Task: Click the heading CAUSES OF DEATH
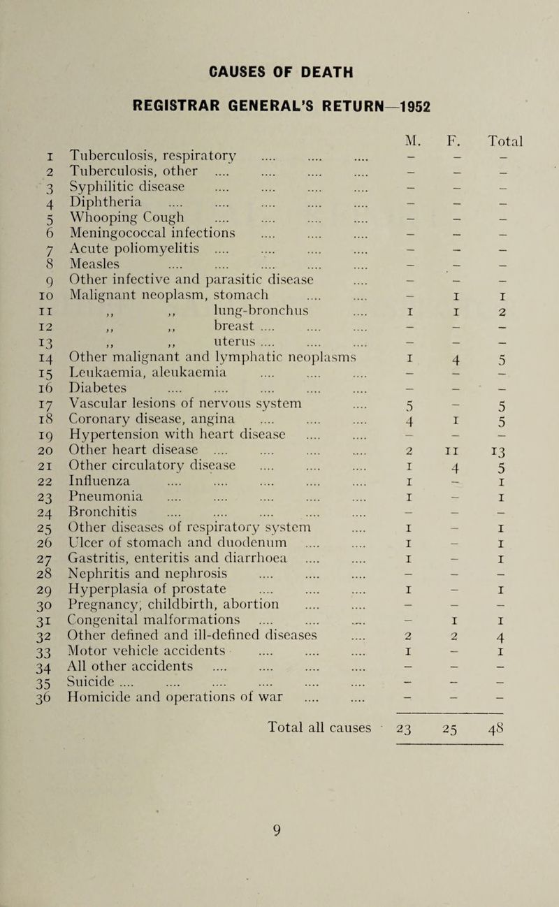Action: [x=278, y=72]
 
